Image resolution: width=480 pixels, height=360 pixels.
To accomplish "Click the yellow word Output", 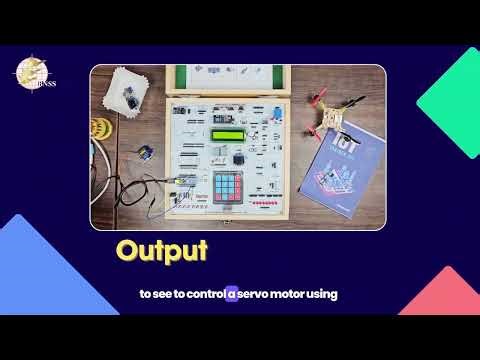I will [161, 250].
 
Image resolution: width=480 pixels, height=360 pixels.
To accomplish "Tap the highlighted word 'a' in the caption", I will [231, 294].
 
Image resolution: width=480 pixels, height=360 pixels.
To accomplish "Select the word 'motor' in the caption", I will [292, 294].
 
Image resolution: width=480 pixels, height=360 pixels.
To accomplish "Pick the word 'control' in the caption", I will [202, 294].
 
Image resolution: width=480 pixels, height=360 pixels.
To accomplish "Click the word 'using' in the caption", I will [325, 294].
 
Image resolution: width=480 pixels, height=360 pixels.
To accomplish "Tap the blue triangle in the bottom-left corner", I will [40, 290].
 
